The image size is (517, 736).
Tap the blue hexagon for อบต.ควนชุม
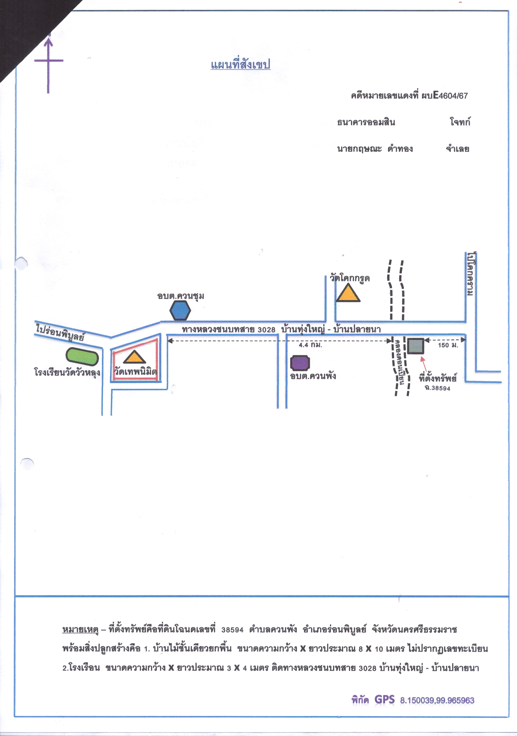[180, 310]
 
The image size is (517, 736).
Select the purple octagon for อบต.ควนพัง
[300, 363]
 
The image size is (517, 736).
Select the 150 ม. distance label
[448, 345]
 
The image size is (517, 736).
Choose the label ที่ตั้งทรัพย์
[437, 378]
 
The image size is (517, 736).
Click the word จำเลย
[457, 149]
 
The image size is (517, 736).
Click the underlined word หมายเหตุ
[80, 630]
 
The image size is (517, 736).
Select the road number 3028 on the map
[266, 330]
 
